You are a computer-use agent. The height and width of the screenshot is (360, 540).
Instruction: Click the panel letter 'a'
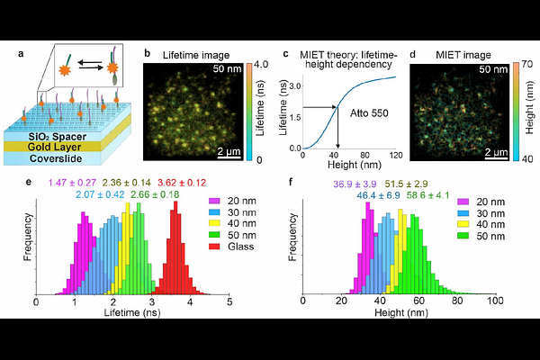[x=20, y=54]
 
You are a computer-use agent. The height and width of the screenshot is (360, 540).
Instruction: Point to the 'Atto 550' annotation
[x=362, y=114]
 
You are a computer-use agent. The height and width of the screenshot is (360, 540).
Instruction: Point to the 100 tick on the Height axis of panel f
[x=494, y=303]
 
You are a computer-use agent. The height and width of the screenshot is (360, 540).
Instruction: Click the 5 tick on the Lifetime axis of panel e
[x=229, y=303]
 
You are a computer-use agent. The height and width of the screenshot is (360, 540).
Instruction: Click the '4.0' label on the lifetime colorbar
[x=257, y=66]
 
